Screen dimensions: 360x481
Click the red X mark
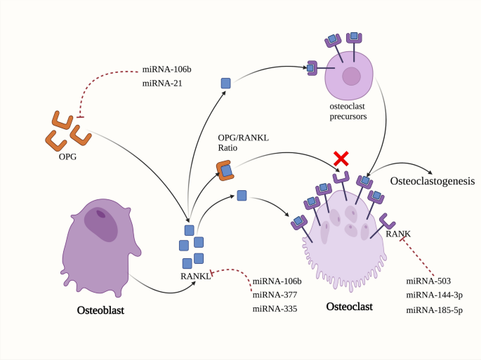(x=341, y=159)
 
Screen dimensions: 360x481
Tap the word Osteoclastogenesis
(x=430, y=180)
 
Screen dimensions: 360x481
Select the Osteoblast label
(x=100, y=309)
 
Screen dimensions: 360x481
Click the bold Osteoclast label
(x=350, y=307)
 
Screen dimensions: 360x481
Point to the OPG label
(x=68, y=156)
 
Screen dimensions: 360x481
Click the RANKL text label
(x=195, y=276)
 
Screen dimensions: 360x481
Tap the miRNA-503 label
(x=428, y=281)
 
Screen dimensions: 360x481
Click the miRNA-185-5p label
(x=434, y=309)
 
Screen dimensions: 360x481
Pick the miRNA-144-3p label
(x=434, y=295)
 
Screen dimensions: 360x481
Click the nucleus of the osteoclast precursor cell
(x=351, y=76)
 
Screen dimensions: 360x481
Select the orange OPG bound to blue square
(x=225, y=171)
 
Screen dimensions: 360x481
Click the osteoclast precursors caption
(x=349, y=110)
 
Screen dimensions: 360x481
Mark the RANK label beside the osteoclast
(x=397, y=233)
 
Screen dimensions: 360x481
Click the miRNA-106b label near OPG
(x=167, y=69)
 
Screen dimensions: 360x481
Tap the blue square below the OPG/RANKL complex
(x=242, y=196)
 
